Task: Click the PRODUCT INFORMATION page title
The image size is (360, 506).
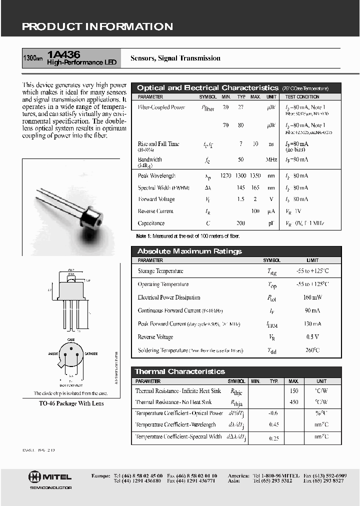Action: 97,27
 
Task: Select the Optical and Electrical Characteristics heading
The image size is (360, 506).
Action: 207,88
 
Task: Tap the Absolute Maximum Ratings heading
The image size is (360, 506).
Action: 189,251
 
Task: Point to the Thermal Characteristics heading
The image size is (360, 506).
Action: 180,371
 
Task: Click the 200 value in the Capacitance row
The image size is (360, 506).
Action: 240,223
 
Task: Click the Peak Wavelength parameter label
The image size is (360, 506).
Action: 156,176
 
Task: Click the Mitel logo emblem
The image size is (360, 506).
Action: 34,476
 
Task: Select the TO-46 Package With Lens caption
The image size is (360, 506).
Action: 71,403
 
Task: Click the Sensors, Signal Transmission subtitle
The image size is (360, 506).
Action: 175,58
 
